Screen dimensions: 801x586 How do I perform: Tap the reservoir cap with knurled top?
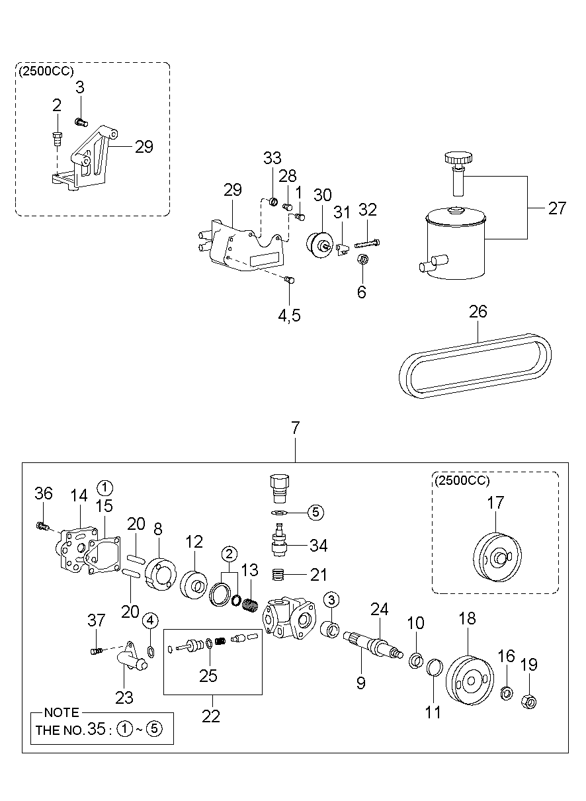(458, 159)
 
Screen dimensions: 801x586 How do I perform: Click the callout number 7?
(295, 428)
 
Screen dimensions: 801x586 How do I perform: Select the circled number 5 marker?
(315, 511)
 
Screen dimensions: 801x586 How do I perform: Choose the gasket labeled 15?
(101, 556)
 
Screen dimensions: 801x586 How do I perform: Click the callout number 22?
(212, 716)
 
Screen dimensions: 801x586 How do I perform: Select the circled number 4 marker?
(151, 620)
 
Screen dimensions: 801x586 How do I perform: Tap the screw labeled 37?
(97, 652)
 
